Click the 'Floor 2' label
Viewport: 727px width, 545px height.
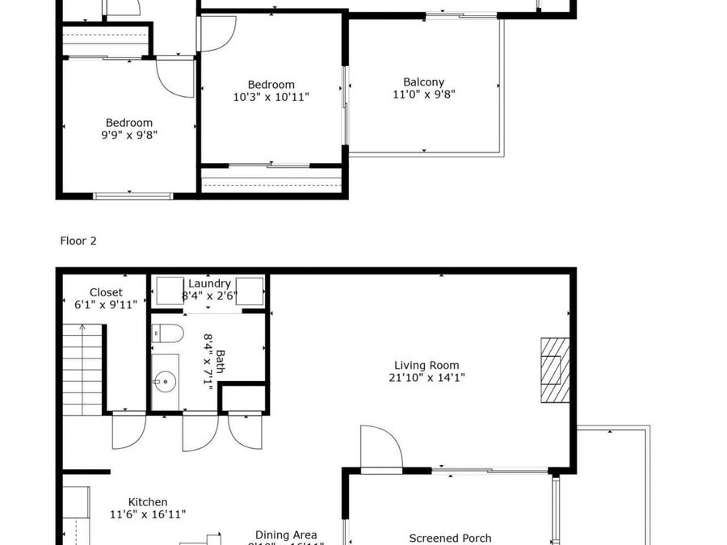pos(78,241)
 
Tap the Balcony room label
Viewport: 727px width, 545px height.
pos(423,82)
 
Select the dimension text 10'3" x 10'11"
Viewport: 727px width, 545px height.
pos(271,97)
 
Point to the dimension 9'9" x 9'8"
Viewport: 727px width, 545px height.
pos(128,135)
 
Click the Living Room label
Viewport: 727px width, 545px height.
pos(429,365)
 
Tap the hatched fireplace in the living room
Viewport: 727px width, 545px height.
pos(555,370)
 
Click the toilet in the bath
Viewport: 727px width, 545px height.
pos(168,333)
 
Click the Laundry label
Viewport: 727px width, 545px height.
pos(209,283)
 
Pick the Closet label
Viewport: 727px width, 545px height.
pos(106,292)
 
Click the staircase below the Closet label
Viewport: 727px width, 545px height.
pos(84,367)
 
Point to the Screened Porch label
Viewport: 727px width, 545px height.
pos(450,539)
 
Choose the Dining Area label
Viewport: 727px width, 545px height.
pos(286,535)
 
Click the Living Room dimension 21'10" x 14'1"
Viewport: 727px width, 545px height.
pos(429,377)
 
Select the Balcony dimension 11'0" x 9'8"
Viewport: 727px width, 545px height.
pos(423,94)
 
